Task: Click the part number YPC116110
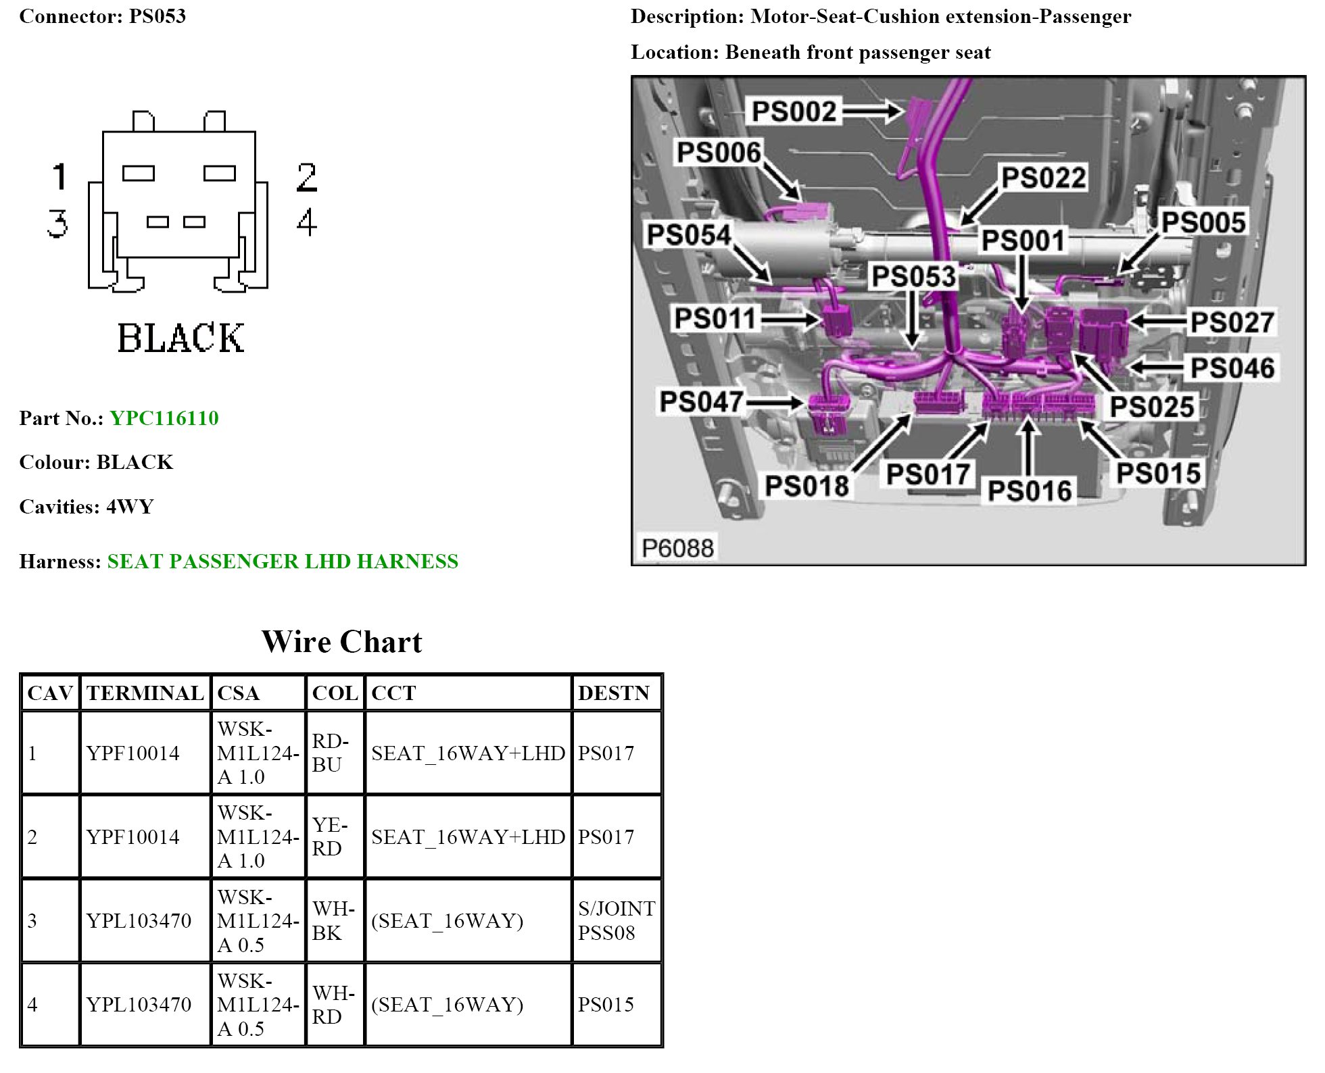pyautogui.click(x=164, y=418)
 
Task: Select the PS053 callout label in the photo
pyautogui.click(x=913, y=276)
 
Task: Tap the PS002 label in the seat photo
pyautogui.click(x=794, y=111)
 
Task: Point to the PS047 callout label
pyautogui.click(x=701, y=402)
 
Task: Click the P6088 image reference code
pyautogui.click(x=677, y=548)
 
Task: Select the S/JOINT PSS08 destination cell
pyautogui.click(x=616, y=920)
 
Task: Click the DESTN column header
pyautogui.click(x=613, y=693)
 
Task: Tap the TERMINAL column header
pyautogui.click(x=145, y=693)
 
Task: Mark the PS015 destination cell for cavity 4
pyautogui.click(x=606, y=1005)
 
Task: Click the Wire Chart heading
pyautogui.click(x=341, y=642)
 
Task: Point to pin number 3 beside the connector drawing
pyautogui.click(x=58, y=223)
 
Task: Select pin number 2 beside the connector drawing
pyautogui.click(x=306, y=178)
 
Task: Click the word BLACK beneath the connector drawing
pyautogui.click(x=180, y=339)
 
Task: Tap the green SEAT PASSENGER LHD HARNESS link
pyautogui.click(x=283, y=562)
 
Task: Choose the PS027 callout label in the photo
pyautogui.click(x=1232, y=322)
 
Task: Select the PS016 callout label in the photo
pyautogui.click(x=1029, y=491)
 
